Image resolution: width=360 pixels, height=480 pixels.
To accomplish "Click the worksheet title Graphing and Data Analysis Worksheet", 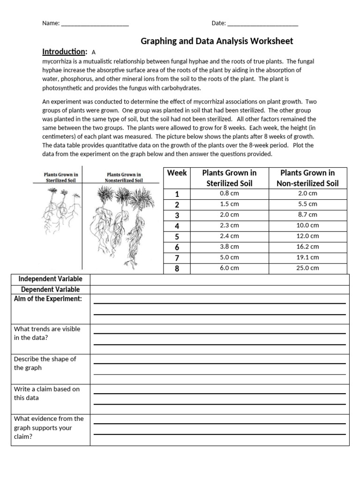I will click(x=217, y=41).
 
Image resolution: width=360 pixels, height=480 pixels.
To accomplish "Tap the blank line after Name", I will click(x=95, y=23).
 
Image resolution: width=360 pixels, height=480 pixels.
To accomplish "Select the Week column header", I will click(x=177, y=173).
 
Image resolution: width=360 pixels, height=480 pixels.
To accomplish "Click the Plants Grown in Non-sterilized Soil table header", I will click(x=307, y=178).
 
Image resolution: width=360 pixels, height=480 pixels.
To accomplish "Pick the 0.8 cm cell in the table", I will click(x=229, y=193).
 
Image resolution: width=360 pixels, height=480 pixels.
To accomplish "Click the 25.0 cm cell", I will click(x=307, y=268).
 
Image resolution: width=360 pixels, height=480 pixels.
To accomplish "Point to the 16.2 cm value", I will click(x=307, y=247).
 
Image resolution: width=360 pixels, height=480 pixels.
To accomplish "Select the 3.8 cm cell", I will click(x=229, y=247).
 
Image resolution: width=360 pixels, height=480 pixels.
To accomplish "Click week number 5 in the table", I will click(x=177, y=236).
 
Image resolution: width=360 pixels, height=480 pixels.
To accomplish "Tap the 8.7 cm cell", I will click(x=307, y=215).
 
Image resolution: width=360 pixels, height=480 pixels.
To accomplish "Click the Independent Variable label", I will click(x=51, y=279).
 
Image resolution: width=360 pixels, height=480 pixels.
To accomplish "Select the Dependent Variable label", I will click(x=51, y=290).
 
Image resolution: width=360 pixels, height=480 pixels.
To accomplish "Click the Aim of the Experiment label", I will click(x=48, y=299).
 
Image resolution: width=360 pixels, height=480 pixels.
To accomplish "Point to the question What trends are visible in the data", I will click(x=47, y=333).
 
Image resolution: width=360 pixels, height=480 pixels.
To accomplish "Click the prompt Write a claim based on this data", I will click(x=47, y=393).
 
